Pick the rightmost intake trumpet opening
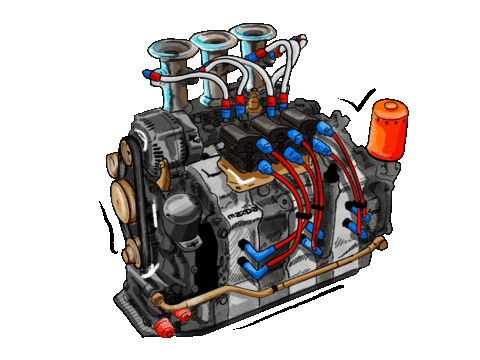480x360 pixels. pos(254,32)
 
